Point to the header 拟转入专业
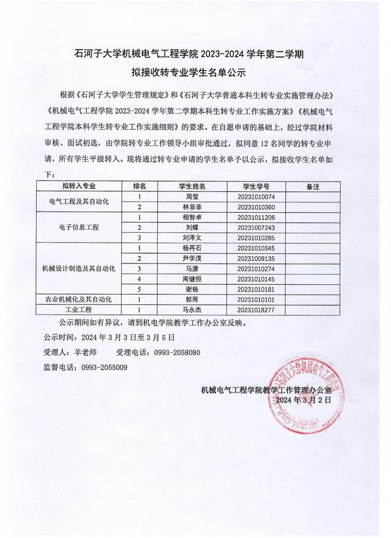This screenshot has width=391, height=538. pos(79,186)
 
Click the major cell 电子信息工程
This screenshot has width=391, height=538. pos(79,227)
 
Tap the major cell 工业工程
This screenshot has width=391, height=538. pos(79,310)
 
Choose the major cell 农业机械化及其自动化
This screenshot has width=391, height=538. pos(79,300)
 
